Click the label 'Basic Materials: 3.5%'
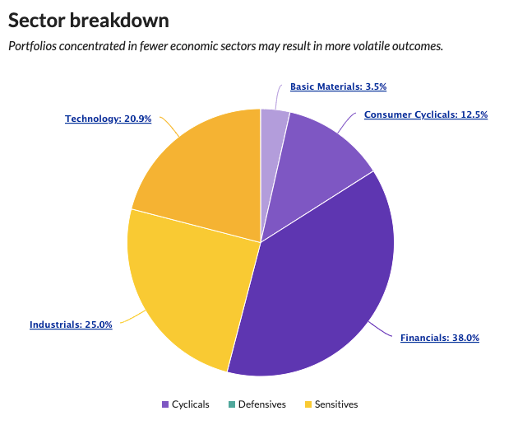click(x=338, y=86)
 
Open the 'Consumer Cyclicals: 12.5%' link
click(x=425, y=114)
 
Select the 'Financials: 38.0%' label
click(x=439, y=338)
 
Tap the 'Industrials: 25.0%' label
click(x=71, y=325)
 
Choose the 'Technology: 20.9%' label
click(x=108, y=119)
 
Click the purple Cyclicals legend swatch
click(x=165, y=404)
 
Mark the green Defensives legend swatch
click(x=232, y=404)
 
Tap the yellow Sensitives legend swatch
click(x=308, y=404)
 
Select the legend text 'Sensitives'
click(x=336, y=404)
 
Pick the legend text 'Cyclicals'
click(x=191, y=404)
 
